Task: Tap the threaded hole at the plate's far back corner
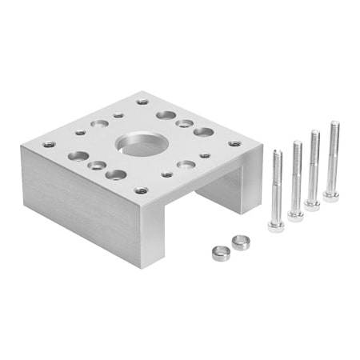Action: pyautogui.click(x=142, y=102)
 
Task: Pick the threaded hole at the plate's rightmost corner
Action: pyautogui.click(x=234, y=144)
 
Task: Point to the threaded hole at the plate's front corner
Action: pyautogui.click(x=142, y=190)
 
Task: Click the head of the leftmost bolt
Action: pyautogui.click(x=276, y=226)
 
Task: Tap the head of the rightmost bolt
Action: pyautogui.click(x=330, y=195)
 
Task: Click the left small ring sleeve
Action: pyautogui.click(x=220, y=253)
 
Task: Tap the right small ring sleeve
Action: pyautogui.click(x=241, y=242)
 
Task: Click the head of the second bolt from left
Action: pyautogui.click(x=295, y=216)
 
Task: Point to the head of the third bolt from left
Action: pyautogui.click(x=312, y=205)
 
